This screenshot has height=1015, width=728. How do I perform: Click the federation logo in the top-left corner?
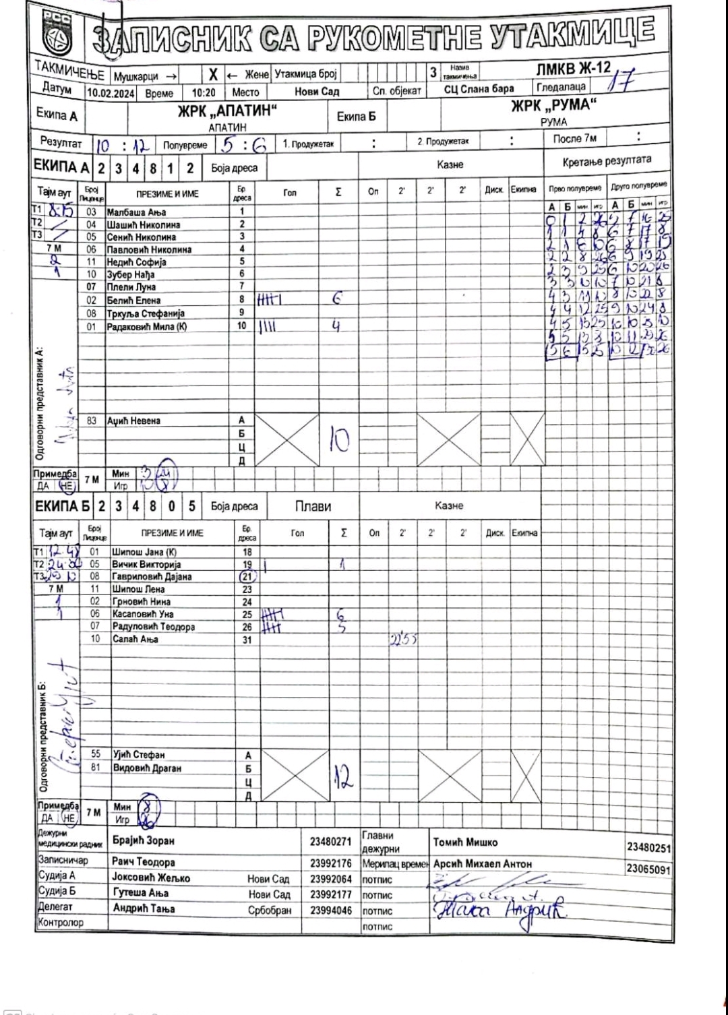pyautogui.click(x=56, y=31)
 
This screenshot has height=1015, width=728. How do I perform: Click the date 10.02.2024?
pyautogui.click(x=111, y=94)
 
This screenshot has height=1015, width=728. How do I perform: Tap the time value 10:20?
pyautogui.click(x=204, y=94)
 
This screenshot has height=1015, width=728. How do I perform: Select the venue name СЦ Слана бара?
pyautogui.click(x=479, y=89)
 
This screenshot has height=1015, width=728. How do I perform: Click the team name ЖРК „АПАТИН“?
pyautogui.click(x=227, y=111)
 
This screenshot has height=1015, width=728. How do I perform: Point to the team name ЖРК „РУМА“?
pyautogui.click(x=554, y=106)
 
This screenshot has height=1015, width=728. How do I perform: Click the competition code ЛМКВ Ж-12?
pyautogui.click(x=573, y=68)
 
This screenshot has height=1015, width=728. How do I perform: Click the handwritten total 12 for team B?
pyautogui.click(x=343, y=780)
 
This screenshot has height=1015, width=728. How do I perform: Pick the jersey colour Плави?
pyautogui.click(x=313, y=506)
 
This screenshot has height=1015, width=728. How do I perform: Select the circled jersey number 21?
pyautogui.click(x=247, y=577)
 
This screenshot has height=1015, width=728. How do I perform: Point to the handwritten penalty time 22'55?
pyautogui.click(x=402, y=639)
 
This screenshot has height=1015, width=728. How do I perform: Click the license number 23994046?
pyautogui.click(x=330, y=910)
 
